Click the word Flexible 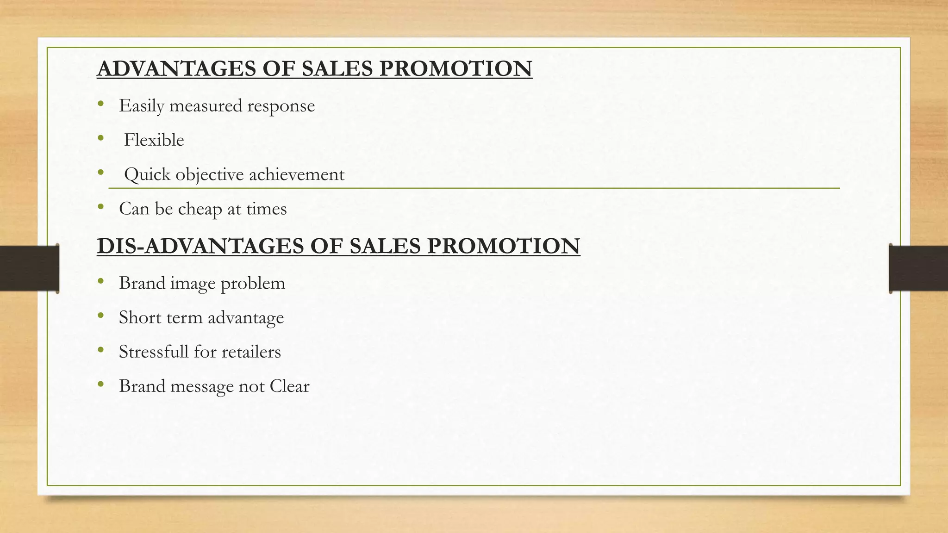(x=154, y=140)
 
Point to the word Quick (x=147, y=175)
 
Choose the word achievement (x=297, y=174)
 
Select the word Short (x=137, y=317)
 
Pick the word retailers (x=251, y=352)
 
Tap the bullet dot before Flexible (x=101, y=138)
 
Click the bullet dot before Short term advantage (x=101, y=316)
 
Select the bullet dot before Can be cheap (x=101, y=207)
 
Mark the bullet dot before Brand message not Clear (x=101, y=384)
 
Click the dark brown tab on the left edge (x=29, y=268)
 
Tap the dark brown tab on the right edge (x=919, y=268)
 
